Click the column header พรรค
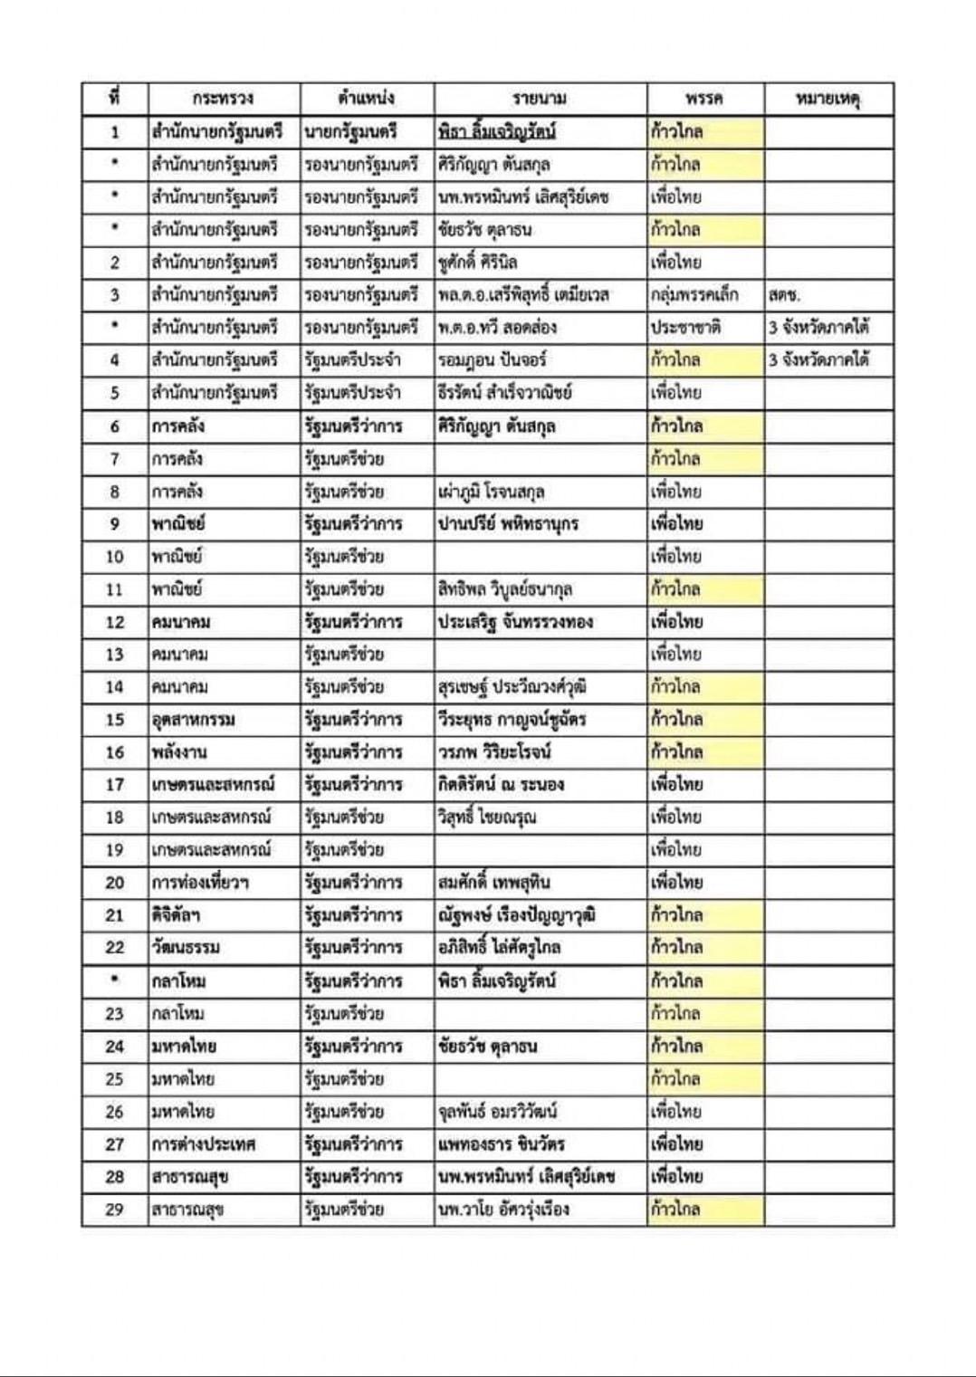click(x=704, y=99)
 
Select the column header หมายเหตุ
click(x=828, y=99)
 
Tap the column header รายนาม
click(x=540, y=99)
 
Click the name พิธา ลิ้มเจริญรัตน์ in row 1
click(x=496, y=132)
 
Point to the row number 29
click(x=114, y=1210)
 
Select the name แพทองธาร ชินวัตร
click(x=501, y=1144)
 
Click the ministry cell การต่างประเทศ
click(x=204, y=1144)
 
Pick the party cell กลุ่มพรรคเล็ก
click(x=694, y=295)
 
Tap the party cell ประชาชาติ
click(x=685, y=328)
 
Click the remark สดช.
click(x=784, y=295)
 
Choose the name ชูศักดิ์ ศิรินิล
click(x=477, y=263)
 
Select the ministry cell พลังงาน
click(x=179, y=752)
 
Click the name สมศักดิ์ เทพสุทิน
click(x=493, y=883)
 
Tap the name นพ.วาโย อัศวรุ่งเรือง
click(x=503, y=1210)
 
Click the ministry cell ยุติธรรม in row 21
click(x=176, y=915)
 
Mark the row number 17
click(x=114, y=785)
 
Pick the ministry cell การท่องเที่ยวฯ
click(x=200, y=883)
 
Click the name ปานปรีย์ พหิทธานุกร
click(x=508, y=524)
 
